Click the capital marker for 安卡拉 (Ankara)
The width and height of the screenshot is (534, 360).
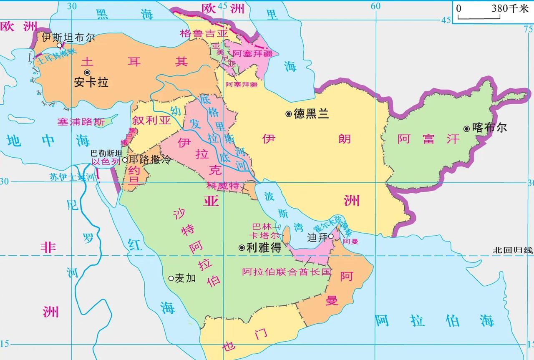tap(87, 73)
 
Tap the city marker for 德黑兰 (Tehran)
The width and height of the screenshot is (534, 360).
tap(288, 114)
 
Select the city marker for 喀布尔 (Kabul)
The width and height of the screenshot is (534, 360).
tap(466, 128)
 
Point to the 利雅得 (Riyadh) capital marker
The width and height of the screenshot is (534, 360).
tap(242, 247)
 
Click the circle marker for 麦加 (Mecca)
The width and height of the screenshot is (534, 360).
tap(171, 278)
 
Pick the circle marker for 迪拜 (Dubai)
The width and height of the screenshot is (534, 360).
tap(331, 236)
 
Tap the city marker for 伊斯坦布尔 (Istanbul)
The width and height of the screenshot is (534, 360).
tap(59, 45)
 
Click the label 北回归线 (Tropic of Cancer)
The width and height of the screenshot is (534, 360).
tap(512, 250)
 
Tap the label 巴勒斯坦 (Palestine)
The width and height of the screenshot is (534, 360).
tap(106, 153)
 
